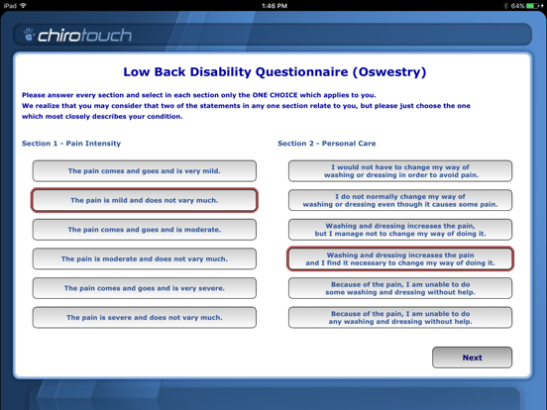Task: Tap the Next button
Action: [472, 358]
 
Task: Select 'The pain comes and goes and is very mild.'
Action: [144, 171]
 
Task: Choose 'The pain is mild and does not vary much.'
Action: [144, 200]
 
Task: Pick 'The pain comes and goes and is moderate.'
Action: [144, 230]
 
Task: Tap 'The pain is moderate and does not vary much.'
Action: [144, 258]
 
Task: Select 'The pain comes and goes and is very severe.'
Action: [144, 288]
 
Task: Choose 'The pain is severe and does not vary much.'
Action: [144, 318]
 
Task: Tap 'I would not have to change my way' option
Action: [400, 171]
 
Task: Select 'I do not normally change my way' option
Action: [400, 200]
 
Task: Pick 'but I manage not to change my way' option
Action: [400, 230]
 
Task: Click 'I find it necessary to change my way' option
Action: [400, 258]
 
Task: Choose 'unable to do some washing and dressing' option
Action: [400, 288]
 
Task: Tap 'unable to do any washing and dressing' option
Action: [400, 318]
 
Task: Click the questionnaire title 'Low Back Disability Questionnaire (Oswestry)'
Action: [273, 71]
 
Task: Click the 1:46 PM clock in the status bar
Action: [273, 5]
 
